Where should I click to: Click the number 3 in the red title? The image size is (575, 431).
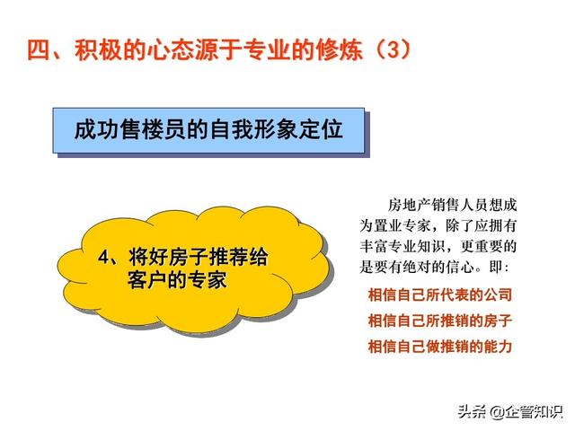coord(393,49)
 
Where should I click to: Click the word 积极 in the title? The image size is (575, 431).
coord(98,49)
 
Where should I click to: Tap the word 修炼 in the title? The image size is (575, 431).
coord(340,49)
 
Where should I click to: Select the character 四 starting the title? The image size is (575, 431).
coord(39,49)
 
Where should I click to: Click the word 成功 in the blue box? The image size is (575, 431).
coord(96,129)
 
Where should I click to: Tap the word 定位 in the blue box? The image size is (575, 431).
coord(321,129)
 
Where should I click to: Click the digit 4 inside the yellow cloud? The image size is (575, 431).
coord(104,258)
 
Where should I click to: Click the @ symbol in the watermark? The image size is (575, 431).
coord(496,412)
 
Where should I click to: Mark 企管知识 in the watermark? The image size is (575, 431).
coord(534,412)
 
